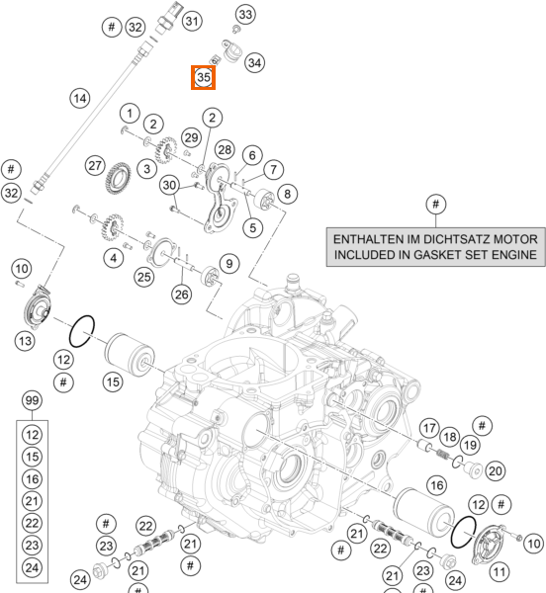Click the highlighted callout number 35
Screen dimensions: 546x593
(203, 77)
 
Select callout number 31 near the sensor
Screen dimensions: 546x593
(192, 21)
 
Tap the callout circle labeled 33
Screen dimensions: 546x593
(245, 15)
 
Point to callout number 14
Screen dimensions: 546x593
(80, 98)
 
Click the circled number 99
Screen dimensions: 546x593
(33, 400)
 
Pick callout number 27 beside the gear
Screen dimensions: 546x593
(95, 165)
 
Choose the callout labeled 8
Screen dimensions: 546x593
(287, 194)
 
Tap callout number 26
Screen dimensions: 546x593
(182, 295)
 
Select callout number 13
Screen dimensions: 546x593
(25, 341)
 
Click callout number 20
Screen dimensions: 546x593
(495, 470)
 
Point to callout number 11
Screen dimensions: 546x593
(500, 572)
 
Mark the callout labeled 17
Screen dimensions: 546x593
(429, 428)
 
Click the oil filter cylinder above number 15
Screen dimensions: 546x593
(130, 355)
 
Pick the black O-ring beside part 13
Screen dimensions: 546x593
(82, 331)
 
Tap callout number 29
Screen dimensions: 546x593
(191, 137)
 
